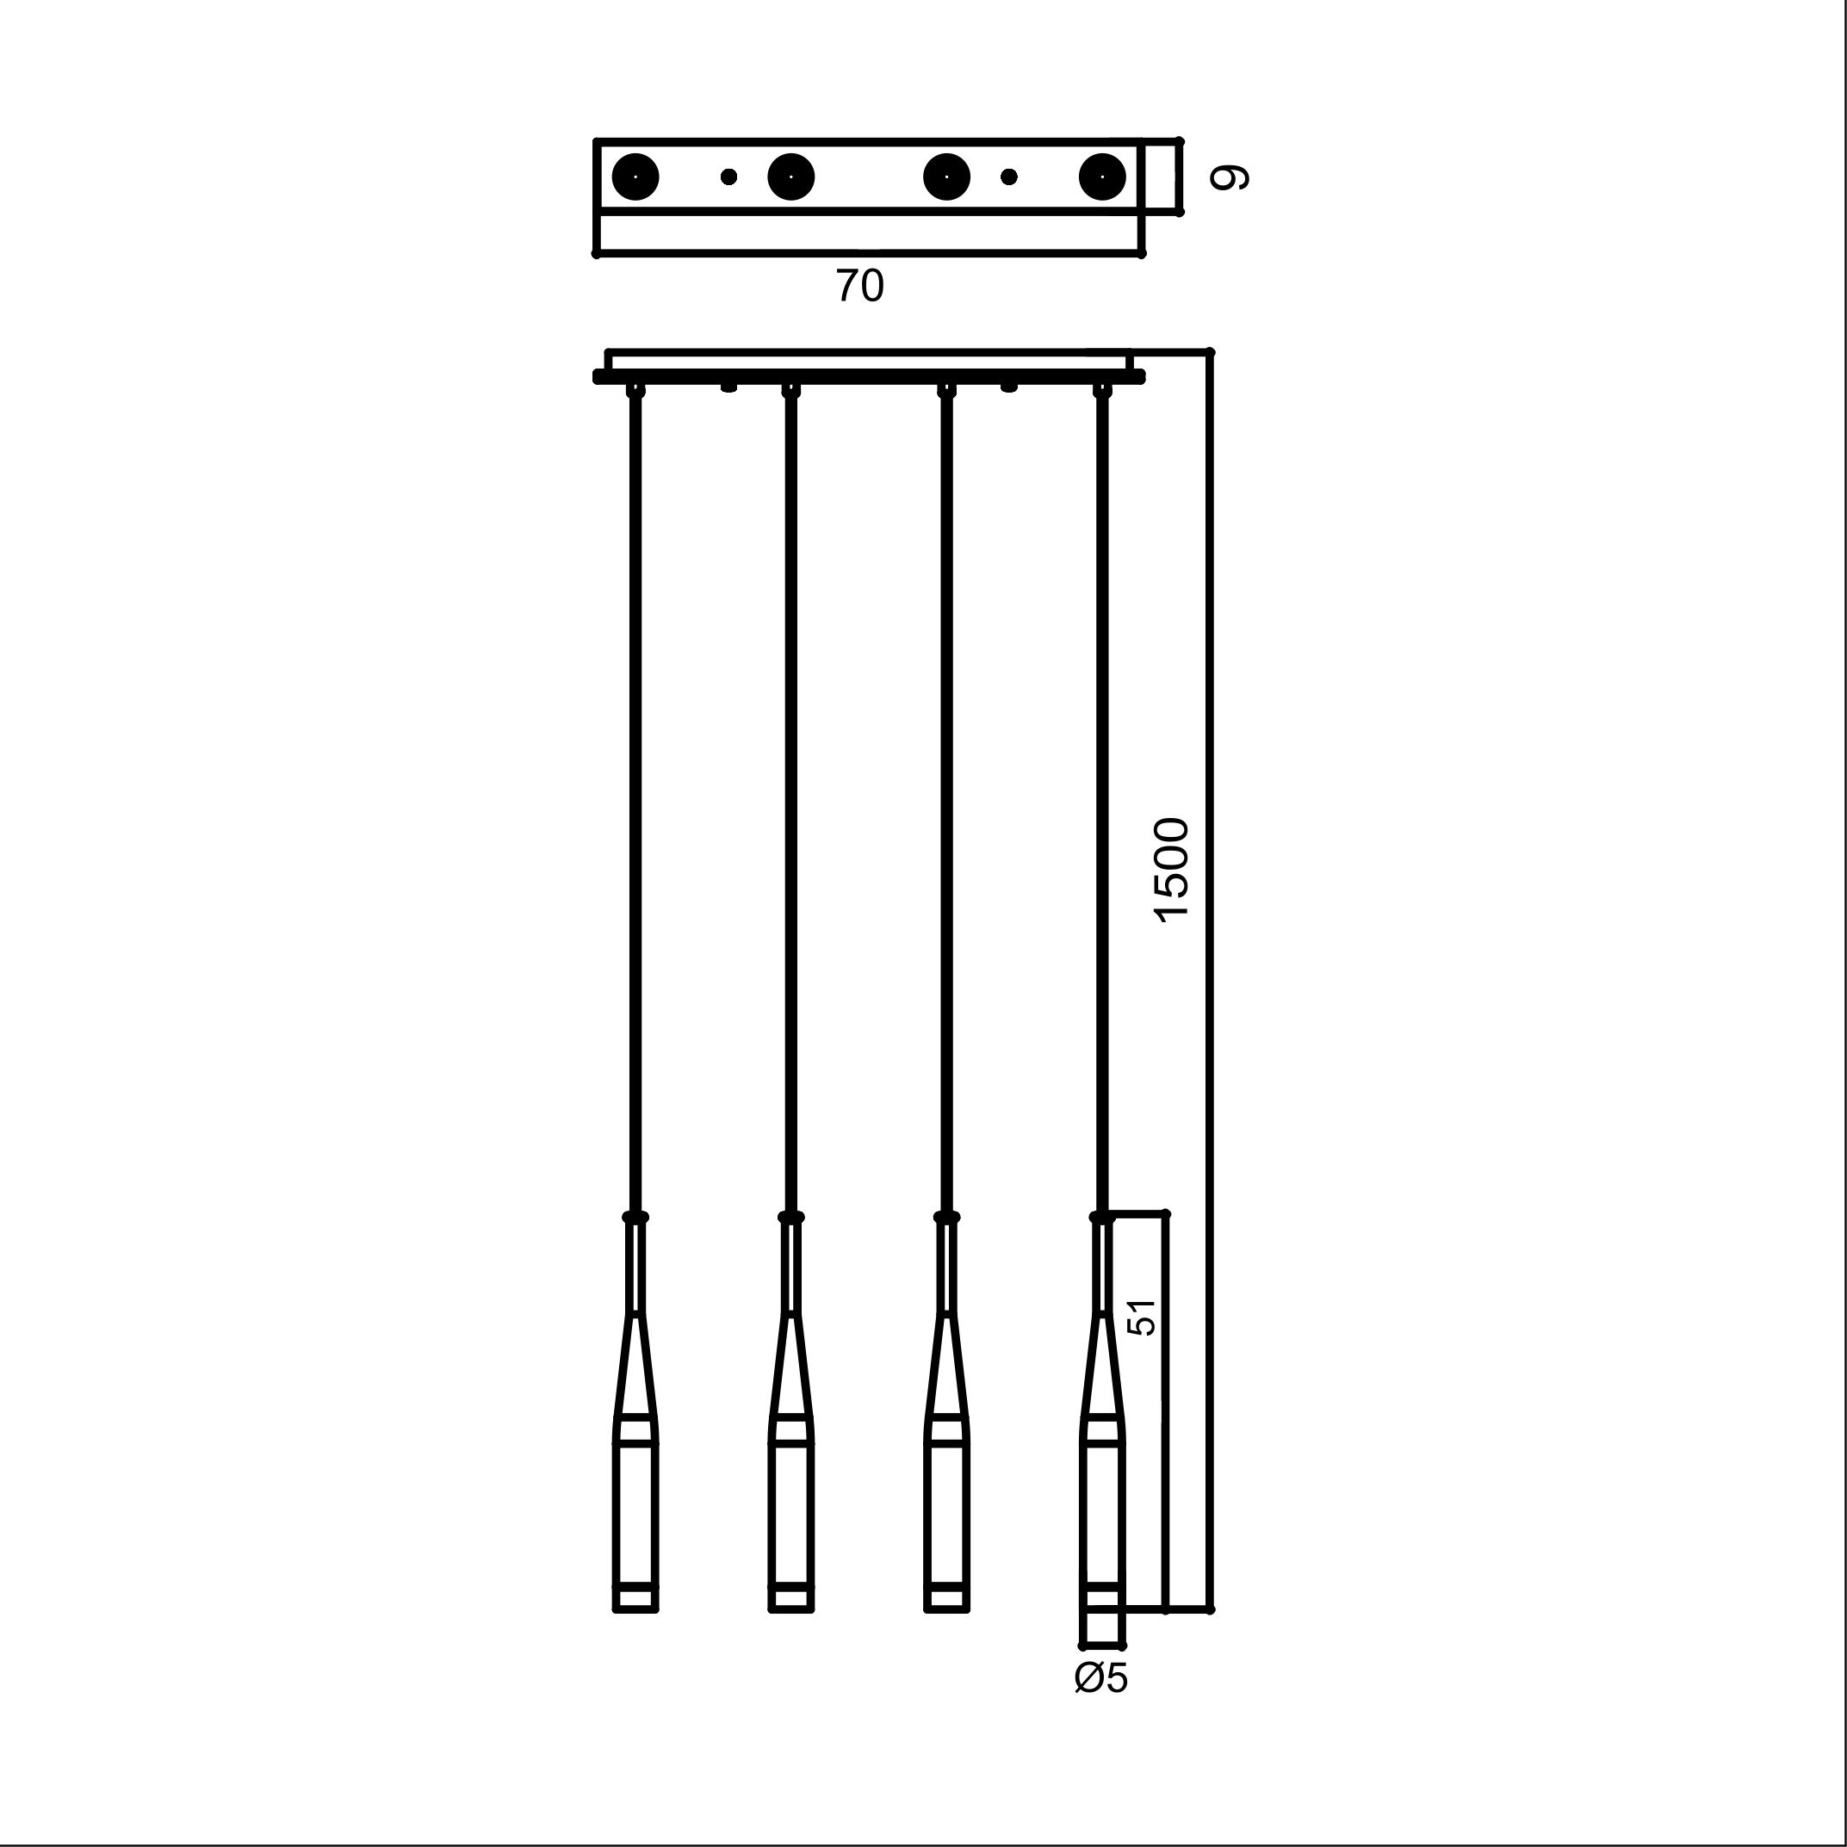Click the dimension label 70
point(860,286)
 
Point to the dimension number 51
point(1142,1317)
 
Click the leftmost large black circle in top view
point(635,177)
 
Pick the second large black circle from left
point(791,177)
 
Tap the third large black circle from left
point(947,177)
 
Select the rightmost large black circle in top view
point(1102,177)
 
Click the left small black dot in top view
point(728,177)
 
